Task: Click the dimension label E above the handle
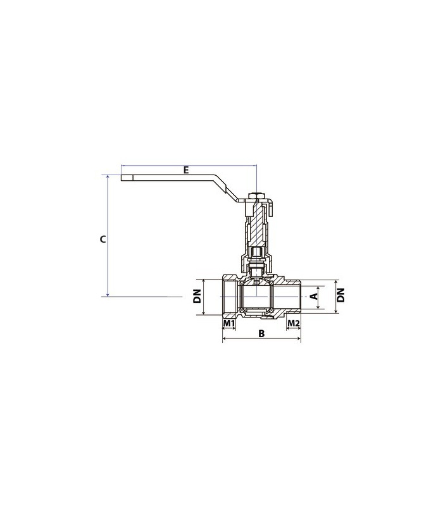point(185,170)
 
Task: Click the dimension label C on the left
point(103,240)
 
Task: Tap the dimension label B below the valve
point(261,333)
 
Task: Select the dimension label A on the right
point(315,296)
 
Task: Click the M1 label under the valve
point(229,323)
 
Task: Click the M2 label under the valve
point(294,323)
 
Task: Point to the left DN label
point(197,296)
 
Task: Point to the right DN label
point(341,295)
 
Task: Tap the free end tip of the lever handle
point(122,178)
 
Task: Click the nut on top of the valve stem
point(255,196)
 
